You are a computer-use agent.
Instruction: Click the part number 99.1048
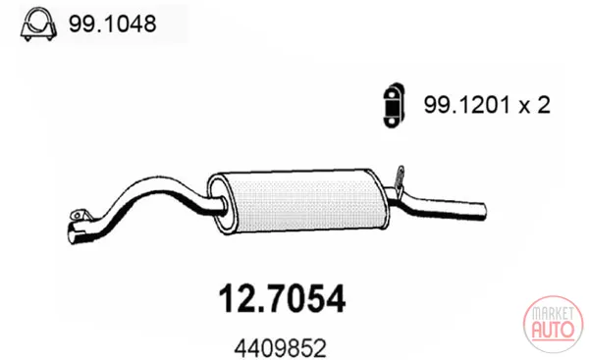pyautogui.click(x=112, y=24)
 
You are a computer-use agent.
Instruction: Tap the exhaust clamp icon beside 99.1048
pyautogui.click(x=38, y=24)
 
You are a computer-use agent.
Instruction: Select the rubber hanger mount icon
pyautogui.click(x=394, y=105)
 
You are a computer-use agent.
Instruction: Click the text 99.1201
pyautogui.click(x=467, y=105)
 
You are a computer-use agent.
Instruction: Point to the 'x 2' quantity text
pyautogui.click(x=535, y=105)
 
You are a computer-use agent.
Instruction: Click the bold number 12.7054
pyautogui.click(x=282, y=298)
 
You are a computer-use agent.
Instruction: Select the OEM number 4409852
pyautogui.click(x=280, y=349)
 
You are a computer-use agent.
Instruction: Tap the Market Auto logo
pyautogui.click(x=553, y=324)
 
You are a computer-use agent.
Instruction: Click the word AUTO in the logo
pyautogui.click(x=553, y=331)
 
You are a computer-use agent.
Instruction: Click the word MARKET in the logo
pyautogui.click(x=553, y=313)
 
